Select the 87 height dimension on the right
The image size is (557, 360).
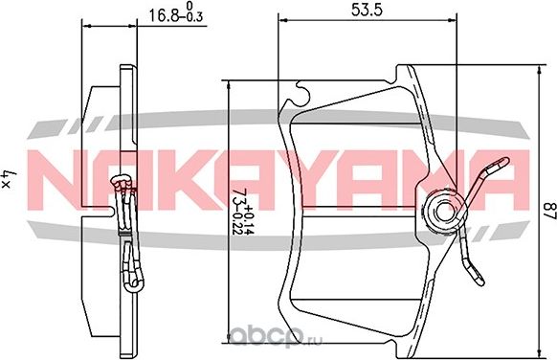543,211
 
